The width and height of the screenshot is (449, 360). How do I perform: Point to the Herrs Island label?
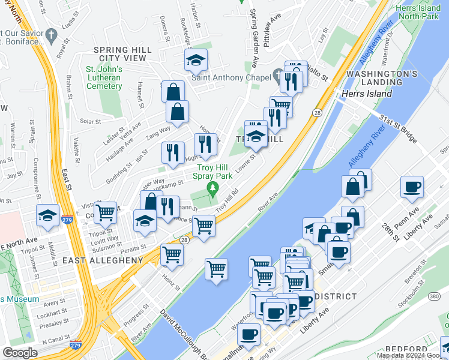click(366, 94)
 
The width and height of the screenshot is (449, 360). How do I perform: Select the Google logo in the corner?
click(20, 352)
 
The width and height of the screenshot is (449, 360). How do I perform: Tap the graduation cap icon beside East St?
click(48, 215)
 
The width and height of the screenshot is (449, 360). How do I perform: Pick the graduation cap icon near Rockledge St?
click(196, 60)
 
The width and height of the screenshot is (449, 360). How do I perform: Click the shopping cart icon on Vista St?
click(106, 212)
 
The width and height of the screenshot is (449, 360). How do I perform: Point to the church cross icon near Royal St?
click(51, 34)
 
